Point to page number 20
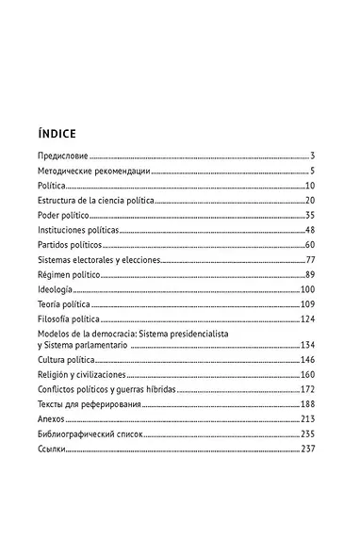pos(308,202)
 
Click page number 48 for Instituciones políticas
pos(308,231)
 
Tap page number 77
pos(308,260)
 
